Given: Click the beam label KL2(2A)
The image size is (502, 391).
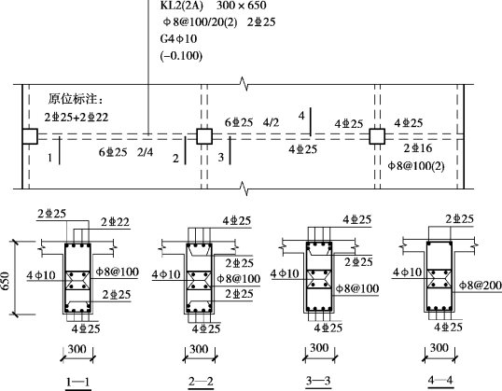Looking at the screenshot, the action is click(182, 6).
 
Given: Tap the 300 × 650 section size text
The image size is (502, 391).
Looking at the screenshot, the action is click(242, 6).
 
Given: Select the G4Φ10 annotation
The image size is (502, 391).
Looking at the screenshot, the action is click(178, 39).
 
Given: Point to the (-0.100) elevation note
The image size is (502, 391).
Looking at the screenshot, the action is click(181, 56).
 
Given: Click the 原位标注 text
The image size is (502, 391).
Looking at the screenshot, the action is click(77, 99).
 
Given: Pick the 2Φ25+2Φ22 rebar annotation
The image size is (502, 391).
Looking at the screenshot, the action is click(77, 118).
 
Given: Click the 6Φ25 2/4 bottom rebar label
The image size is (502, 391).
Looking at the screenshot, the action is click(126, 152).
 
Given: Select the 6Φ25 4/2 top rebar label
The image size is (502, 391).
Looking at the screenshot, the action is click(252, 122).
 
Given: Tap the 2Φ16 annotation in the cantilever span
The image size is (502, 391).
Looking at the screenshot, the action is click(418, 148).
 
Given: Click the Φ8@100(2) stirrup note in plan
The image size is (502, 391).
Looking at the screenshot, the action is click(416, 166).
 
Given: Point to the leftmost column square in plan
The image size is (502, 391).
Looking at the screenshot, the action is click(30, 136).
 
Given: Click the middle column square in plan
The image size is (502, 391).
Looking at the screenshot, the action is click(204, 136).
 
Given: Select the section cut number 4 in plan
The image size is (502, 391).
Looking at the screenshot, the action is click(301, 116).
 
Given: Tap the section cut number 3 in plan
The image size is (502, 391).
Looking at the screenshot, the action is click(221, 157).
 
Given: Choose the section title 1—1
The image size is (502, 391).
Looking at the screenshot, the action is click(77, 382).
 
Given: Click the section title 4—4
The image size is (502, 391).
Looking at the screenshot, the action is click(440, 380).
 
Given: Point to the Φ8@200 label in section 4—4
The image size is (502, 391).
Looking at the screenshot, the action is click(481, 286).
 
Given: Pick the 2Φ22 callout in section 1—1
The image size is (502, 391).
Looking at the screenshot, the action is click(116, 222).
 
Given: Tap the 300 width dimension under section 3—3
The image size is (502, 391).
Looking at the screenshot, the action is click(319, 348).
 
